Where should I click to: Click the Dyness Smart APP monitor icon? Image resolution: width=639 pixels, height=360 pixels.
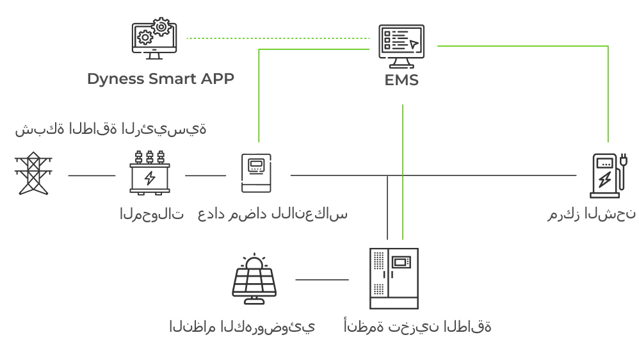click(154, 38)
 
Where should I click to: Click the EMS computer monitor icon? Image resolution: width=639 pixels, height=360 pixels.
click(401, 46)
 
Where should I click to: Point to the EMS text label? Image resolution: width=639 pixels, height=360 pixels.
click(401, 81)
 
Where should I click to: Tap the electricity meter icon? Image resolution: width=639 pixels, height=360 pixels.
click(257, 173)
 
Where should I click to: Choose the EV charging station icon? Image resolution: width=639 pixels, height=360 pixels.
click(605, 176)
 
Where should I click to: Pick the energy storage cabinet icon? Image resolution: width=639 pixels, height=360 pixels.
click(394, 279)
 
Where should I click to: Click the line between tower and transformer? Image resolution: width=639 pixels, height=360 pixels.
click(92, 175)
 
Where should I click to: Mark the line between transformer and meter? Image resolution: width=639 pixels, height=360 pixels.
click(206, 175)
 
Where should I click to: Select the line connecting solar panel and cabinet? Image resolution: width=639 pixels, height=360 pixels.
click(322, 279)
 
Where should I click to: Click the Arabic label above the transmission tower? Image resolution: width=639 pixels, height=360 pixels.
click(111, 128)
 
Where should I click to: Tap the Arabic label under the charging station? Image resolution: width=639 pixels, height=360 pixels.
click(591, 213)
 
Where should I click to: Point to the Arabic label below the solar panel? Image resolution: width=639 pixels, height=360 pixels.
click(242, 326)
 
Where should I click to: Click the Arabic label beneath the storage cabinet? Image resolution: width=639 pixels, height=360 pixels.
click(417, 326)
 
